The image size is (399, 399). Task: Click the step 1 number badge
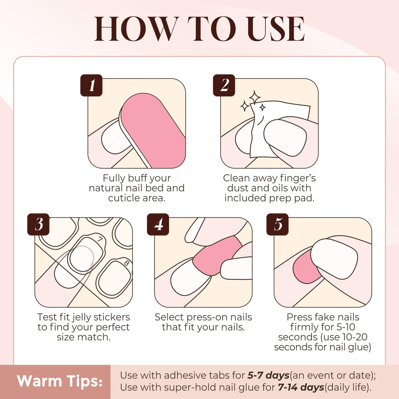click(91, 85)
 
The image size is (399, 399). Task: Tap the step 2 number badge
click(224, 85)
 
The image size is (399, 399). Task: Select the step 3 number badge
click(38, 224)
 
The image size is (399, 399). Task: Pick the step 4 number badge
click(158, 224)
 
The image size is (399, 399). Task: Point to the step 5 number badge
click(277, 224)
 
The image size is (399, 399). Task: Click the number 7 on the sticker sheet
click(101, 239)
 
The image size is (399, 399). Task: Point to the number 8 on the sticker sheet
click(126, 263)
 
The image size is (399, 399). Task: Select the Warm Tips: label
click(59, 381)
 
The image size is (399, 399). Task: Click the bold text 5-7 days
click(269, 375)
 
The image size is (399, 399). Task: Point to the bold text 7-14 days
click(301, 387)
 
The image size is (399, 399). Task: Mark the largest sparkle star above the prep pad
click(255, 97)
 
